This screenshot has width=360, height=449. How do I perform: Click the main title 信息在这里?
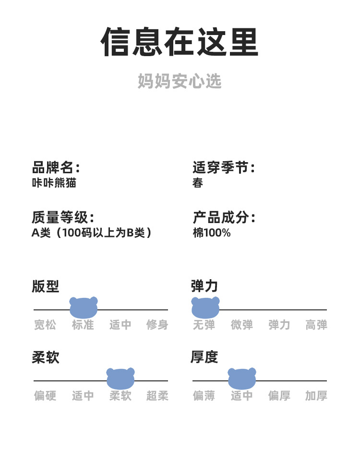point(180,42)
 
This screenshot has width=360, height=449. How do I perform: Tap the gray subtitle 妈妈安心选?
point(180,81)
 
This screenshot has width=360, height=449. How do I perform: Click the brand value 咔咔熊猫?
point(54,183)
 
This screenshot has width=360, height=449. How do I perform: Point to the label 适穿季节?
point(223,167)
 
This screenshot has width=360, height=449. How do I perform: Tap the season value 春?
point(198,183)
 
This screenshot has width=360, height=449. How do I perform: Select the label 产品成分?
point(223,217)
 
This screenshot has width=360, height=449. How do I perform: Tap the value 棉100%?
point(212,233)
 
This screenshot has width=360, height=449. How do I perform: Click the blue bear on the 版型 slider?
point(84,307)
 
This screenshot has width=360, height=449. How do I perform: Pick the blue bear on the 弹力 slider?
point(205,307)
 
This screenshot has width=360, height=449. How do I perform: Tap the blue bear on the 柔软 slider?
point(120,378)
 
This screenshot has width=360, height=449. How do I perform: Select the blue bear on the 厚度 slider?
point(242,378)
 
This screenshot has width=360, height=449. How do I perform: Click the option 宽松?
point(45,325)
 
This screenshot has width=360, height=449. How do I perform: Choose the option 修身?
point(157,325)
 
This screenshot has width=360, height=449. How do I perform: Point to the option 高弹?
point(316,325)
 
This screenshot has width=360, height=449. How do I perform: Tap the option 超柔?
point(157,396)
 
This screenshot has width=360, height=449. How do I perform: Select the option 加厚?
point(316,396)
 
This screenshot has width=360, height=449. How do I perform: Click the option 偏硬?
point(45,396)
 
